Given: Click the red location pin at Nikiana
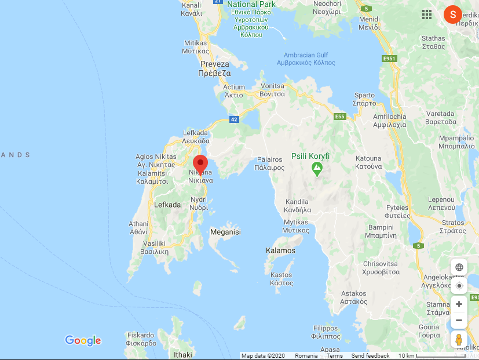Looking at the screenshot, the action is [x=200, y=164].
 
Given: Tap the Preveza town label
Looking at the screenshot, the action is [x=214, y=69].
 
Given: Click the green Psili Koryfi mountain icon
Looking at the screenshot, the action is [x=317, y=169].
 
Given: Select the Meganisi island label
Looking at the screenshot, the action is [x=225, y=232].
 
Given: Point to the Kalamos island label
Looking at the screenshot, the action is [x=280, y=251].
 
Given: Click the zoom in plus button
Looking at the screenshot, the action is [x=459, y=304].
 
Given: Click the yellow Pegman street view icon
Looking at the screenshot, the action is [x=459, y=339].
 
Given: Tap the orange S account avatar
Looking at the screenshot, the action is [x=452, y=14].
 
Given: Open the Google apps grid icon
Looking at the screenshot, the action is [x=427, y=14].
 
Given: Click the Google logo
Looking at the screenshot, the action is [x=83, y=341].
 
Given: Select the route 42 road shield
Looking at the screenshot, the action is [x=234, y=119].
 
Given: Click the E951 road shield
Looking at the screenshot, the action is [x=389, y=59].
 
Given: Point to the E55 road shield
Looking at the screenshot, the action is [x=340, y=117].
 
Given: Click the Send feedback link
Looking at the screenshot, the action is [x=370, y=356].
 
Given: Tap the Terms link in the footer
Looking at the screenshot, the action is [x=334, y=356].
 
